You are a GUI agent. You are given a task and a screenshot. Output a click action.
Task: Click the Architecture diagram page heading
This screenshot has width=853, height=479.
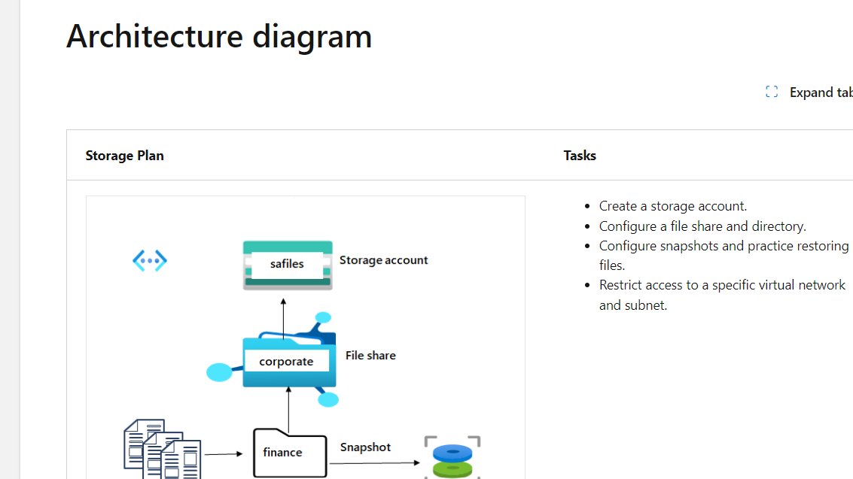pyautogui.click(x=219, y=36)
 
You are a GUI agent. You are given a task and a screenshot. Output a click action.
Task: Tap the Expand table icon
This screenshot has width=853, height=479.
pyautogui.click(x=771, y=92)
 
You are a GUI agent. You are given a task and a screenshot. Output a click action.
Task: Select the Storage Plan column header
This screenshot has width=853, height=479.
pyautogui.click(x=124, y=156)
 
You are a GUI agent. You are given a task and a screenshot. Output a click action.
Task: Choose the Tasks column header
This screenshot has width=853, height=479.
pyautogui.click(x=580, y=156)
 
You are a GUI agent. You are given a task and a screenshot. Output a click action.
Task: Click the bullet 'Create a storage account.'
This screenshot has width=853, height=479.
pyautogui.click(x=672, y=206)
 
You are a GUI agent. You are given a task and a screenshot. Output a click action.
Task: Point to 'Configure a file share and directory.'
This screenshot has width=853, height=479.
pyautogui.click(x=702, y=226)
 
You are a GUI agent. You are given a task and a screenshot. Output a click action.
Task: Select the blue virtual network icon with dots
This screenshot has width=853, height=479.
pyautogui.click(x=150, y=261)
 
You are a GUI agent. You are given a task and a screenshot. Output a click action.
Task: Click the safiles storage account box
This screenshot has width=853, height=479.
pyautogui.click(x=288, y=265)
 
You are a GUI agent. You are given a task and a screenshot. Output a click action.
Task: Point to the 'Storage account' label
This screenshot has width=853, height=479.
pyautogui.click(x=383, y=260)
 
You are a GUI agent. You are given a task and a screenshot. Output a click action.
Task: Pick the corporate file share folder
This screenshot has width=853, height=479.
pyautogui.click(x=287, y=362)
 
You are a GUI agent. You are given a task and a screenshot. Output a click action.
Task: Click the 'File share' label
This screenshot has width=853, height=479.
pyautogui.click(x=370, y=356)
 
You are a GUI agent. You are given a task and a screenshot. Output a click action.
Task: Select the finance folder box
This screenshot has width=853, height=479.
pyautogui.click(x=290, y=452)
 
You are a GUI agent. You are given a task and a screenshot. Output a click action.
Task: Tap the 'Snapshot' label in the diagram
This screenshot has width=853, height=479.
pyautogui.click(x=365, y=447)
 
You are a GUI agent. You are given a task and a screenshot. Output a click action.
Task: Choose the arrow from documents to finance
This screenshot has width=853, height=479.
pyautogui.click(x=224, y=454)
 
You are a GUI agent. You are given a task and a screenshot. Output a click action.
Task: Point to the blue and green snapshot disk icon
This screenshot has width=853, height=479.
pyautogui.click(x=452, y=459)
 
